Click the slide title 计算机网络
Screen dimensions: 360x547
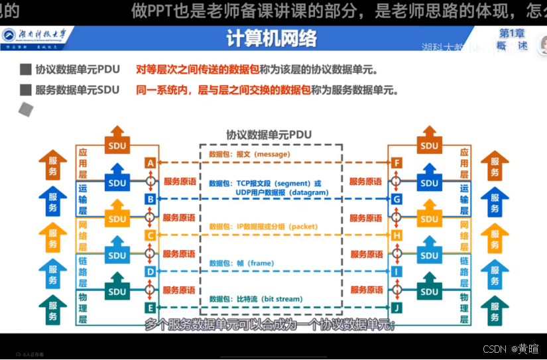(x=271, y=39)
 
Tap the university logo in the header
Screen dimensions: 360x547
(x=11, y=35)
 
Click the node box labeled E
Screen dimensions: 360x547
(x=151, y=308)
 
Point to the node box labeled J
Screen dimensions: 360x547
(x=397, y=308)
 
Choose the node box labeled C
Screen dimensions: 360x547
(x=151, y=235)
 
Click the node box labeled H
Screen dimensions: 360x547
(x=397, y=235)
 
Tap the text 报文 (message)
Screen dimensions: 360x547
(x=249, y=154)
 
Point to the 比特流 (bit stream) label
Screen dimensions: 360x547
(x=255, y=299)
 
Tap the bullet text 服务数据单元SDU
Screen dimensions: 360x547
(x=77, y=90)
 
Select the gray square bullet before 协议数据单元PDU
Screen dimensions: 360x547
(x=26, y=70)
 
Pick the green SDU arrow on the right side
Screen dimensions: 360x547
(x=430, y=288)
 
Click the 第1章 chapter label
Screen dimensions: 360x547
(x=513, y=33)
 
